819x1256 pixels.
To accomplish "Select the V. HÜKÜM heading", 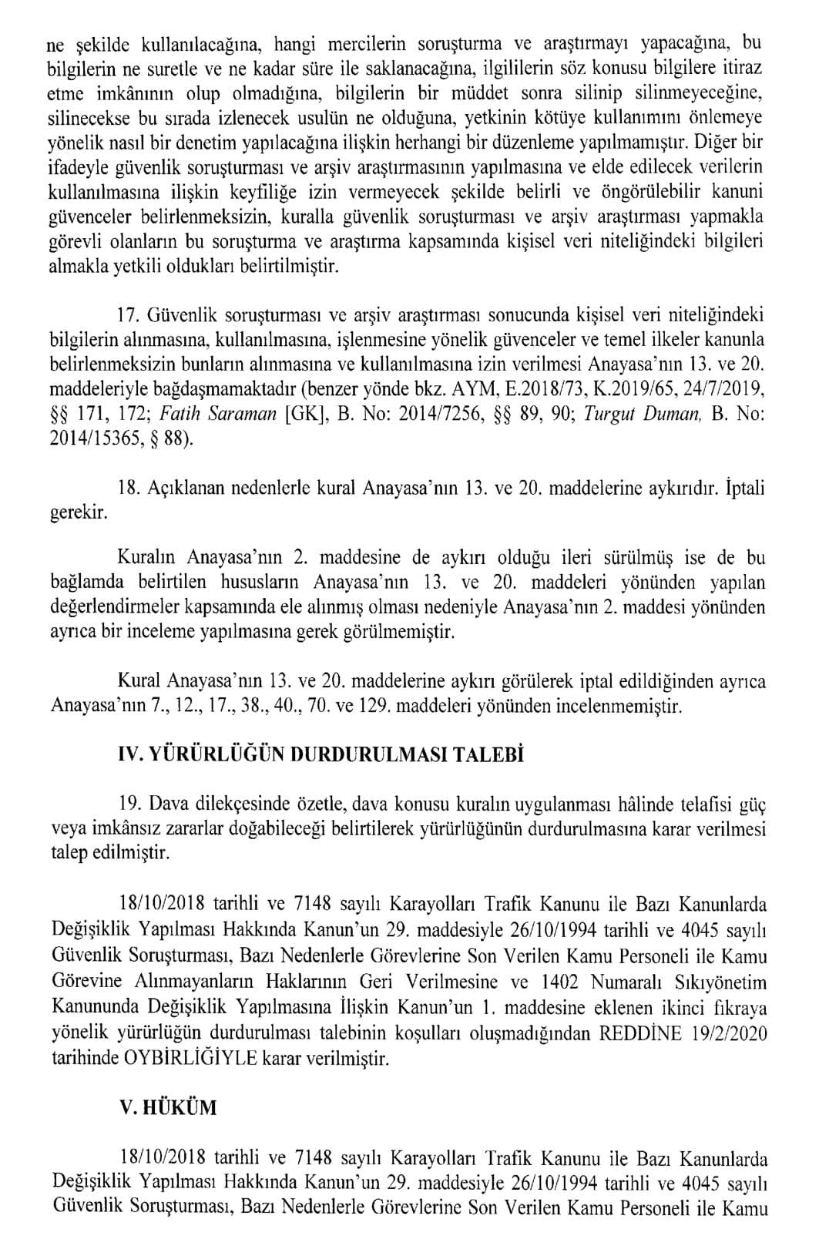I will point(168,1108).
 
